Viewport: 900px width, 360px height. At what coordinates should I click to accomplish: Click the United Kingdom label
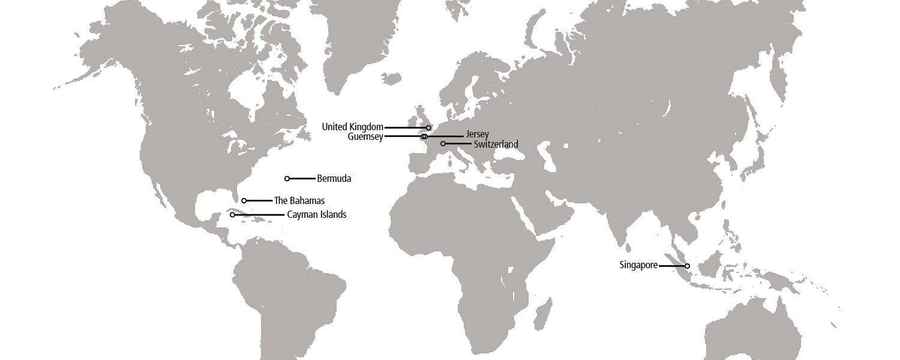click(x=352, y=127)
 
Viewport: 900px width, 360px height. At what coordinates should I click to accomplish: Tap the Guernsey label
click(x=365, y=137)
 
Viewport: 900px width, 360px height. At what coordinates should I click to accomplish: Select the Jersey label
click(x=477, y=134)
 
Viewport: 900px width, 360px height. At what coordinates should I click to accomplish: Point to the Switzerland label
click(x=496, y=144)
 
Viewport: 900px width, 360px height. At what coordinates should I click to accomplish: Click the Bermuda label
click(x=334, y=179)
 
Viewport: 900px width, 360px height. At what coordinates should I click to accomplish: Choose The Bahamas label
click(x=299, y=201)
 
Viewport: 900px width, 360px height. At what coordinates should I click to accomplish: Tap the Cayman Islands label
click(x=316, y=215)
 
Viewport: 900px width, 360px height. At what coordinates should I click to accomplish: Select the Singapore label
click(x=638, y=265)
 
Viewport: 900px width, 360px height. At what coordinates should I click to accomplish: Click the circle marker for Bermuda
click(x=287, y=179)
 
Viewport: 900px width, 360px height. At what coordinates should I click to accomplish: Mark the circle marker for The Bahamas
click(x=244, y=201)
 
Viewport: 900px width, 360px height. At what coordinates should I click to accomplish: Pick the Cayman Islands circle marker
click(x=232, y=215)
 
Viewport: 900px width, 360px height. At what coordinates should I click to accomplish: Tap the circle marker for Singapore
click(x=687, y=266)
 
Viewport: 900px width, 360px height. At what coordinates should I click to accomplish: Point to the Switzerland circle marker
click(x=443, y=144)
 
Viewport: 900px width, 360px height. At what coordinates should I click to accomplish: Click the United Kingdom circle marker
click(x=428, y=128)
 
